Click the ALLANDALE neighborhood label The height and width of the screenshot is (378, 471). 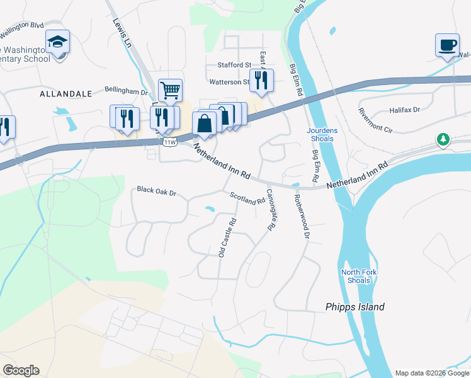[x=65, y=93]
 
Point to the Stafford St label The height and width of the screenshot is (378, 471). [x=234, y=65]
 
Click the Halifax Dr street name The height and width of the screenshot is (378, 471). [x=404, y=110]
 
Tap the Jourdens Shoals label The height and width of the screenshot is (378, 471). [x=322, y=134]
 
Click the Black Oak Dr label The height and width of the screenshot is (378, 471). [x=156, y=190]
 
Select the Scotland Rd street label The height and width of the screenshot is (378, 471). [x=247, y=198]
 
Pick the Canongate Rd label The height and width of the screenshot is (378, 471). [x=271, y=210]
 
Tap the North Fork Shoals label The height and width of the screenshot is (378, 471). [x=356, y=277]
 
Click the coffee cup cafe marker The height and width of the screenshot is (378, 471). [x=447, y=45]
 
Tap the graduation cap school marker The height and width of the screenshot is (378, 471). [x=58, y=43]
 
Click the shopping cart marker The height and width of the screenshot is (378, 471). [x=170, y=89]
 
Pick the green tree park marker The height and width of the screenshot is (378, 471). [x=444, y=139]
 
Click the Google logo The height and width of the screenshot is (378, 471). [x=21, y=370]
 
